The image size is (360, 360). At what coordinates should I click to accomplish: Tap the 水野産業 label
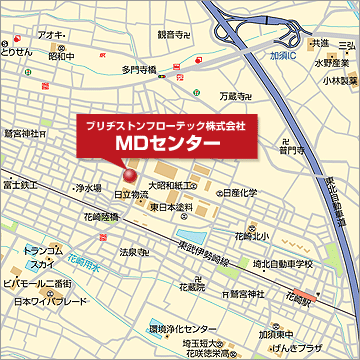click(x=330, y=62)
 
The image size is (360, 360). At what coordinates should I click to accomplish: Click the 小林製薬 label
click(x=337, y=80)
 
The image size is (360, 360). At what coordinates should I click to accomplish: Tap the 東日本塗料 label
click(x=171, y=207)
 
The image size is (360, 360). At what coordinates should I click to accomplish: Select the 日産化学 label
click(x=240, y=192)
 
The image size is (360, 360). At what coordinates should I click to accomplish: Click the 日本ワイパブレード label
click(x=39, y=301)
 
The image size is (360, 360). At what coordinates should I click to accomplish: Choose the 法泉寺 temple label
click(x=131, y=252)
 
